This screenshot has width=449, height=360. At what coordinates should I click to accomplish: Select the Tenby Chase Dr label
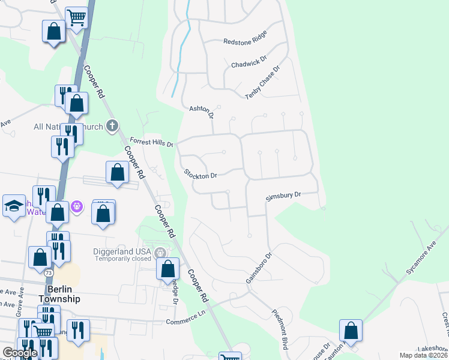click(x=263, y=83)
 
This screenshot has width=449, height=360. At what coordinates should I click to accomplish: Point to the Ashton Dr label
click(x=202, y=111)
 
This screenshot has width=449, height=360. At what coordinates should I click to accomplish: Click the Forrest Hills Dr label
click(x=151, y=143)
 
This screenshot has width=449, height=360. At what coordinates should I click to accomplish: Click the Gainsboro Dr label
click(x=259, y=268)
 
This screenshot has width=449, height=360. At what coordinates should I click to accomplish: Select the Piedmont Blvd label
click(x=280, y=329)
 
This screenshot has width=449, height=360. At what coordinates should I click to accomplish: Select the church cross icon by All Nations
click(x=112, y=125)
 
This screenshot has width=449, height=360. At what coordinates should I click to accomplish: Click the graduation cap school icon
click(x=14, y=206)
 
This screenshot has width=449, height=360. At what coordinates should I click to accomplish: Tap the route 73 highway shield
click(x=47, y=273)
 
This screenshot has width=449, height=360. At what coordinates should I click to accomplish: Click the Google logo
click(x=20, y=353)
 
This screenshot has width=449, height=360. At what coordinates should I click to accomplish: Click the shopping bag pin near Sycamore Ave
click(x=351, y=331)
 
